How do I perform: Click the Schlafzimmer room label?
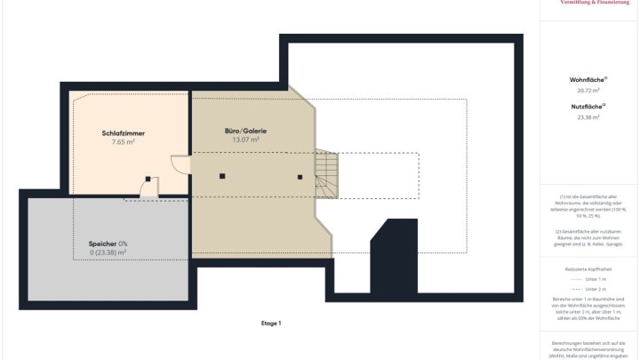[x=123, y=133]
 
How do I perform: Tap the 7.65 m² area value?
[x=123, y=142]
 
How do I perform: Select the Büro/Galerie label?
[x=245, y=131]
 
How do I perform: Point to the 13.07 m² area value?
[x=245, y=140]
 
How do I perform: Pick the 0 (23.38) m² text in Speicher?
[x=108, y=252]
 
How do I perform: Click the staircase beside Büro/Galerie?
[x=326, y=174]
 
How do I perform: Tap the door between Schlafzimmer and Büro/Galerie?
[x=180, y=167]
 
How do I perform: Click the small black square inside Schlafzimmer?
[x=146, y=178]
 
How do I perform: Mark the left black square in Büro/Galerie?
[x=222, y=177]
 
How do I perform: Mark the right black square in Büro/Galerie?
[x=300, y=177]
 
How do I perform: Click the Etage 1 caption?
[x=271, y=324]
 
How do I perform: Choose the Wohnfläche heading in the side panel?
[x=588, y=80]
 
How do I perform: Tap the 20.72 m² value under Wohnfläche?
[x=588, y=91]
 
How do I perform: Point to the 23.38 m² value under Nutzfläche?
[x=588, y=117]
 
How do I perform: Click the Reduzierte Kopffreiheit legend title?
[x=588, y=268]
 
